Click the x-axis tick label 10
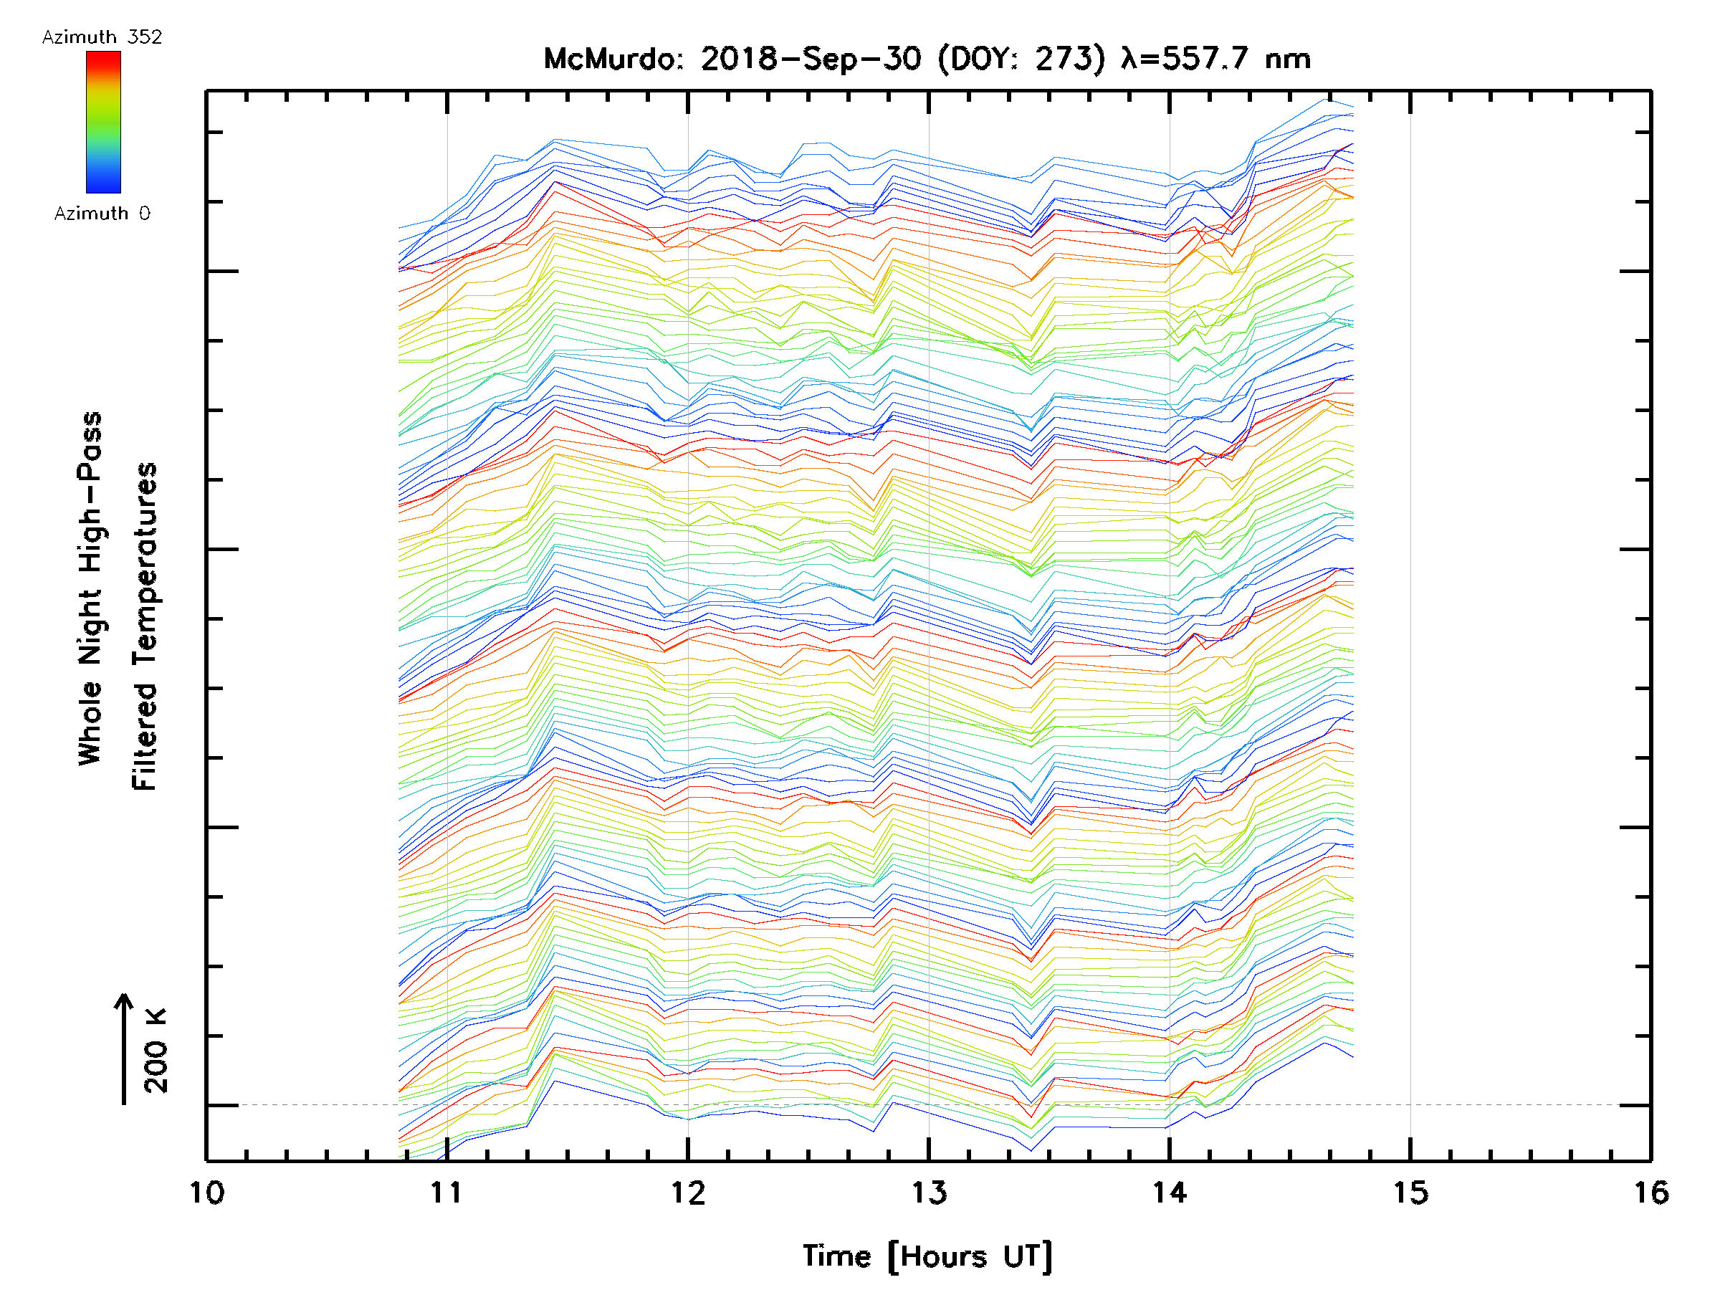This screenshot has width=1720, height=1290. coord(207,1193)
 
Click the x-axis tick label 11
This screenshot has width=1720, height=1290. coord(447,1193)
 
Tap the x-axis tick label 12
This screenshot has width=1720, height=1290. coord(688,1193)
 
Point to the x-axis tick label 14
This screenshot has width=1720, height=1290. coord(1170,1193)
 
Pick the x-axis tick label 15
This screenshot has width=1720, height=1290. coord(1410,1193)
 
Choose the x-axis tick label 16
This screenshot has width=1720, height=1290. coord(1650,1193)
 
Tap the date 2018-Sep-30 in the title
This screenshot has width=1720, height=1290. coord(811,59)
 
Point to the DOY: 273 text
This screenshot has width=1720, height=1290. coord(1021,59)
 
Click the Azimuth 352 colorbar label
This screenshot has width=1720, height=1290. coord(102,37)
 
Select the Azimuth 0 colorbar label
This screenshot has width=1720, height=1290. coord(102,214)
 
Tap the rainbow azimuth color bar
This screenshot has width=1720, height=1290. coord(103,122)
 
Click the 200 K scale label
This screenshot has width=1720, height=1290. coord(156,1051)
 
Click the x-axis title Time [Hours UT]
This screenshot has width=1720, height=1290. coord(927,1256)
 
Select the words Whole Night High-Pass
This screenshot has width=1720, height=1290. coord(90,588)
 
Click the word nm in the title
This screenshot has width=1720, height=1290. coord(1288,59)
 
